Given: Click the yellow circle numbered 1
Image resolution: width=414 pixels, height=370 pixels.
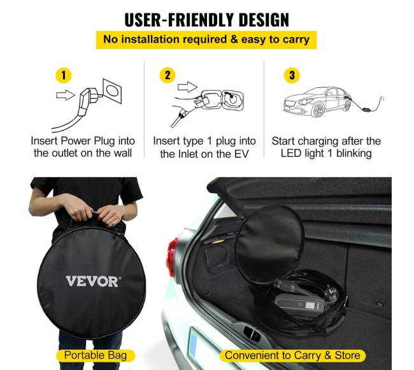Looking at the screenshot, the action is pos(63,75).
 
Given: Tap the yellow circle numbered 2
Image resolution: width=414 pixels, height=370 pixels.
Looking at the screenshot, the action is pos(168,75).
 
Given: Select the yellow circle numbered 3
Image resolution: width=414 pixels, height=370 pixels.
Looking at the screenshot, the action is pos(292,75).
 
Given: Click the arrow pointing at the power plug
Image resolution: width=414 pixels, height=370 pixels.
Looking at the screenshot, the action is pos(66,95).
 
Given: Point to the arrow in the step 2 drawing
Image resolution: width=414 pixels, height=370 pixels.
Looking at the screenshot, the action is pos(187,87).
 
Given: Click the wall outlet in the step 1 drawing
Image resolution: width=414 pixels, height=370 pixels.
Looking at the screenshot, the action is pos(112,91).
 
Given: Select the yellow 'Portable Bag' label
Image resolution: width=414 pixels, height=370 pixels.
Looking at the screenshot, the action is pos(96,355).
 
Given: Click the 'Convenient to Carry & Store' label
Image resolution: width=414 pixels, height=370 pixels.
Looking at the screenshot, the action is pos(292,355).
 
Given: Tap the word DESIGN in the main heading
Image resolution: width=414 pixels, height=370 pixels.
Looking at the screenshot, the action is pos(264,20).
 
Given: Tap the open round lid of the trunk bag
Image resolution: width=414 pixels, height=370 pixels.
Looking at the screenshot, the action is pos(270,244).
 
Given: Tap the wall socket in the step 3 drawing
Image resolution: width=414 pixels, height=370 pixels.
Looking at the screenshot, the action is pos(382,98).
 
